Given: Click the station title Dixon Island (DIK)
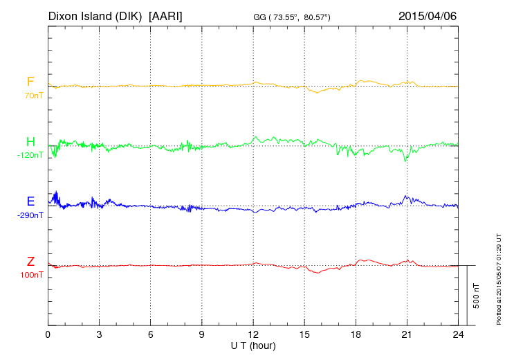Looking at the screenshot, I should tap(95, 15).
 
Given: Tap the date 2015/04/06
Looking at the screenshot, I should tap(428, 15).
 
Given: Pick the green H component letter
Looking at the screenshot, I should tap(30, 142).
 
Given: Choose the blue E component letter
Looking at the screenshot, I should tap(30, 201).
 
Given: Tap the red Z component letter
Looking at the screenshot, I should tap(30, 262).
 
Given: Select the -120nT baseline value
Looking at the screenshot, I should tap(30, 155).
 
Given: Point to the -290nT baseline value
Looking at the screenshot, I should tap(30, 215).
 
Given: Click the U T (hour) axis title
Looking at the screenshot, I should tap(253, 345).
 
